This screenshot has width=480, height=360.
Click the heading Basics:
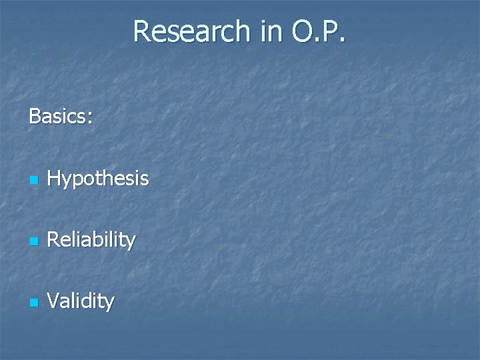(61, 117)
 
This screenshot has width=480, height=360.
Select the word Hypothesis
(98, 179)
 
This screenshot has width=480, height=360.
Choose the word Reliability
(92, 239)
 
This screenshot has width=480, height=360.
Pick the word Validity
(81, 301)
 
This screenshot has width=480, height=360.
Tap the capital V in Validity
(54, 301)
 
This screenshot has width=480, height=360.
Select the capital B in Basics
(35, 117)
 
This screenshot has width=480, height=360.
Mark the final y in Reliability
(131, 242)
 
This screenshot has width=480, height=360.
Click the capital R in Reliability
(55, 239)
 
